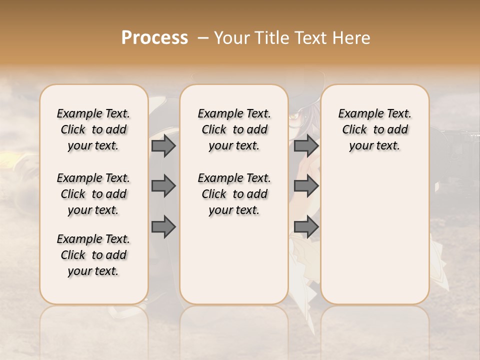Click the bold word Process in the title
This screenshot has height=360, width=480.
(x=154, y=37)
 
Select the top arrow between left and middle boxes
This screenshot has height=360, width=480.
(x=163, y=145)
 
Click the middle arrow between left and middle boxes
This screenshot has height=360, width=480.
(x=163, y=186)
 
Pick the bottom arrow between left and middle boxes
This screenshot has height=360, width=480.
(x=163, y=227)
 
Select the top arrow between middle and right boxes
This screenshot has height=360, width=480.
(x=306, y=145)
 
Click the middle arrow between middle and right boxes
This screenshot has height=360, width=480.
(x=306, y=186)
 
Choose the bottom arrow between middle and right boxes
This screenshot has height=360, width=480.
(x=306, y=227)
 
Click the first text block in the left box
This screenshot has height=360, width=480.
(x=93, y=129)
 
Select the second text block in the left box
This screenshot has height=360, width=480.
(x=93, y=194)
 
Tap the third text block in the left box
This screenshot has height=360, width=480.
(x=93, y=255)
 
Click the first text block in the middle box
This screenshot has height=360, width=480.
(x=234, y=129)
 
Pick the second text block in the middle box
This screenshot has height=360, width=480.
(x=234, y=194)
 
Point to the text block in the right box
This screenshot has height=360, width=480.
(x=375, y=129)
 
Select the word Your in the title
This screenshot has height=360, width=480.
(x=231, y=37)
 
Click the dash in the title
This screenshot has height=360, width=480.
(x=203, y=37)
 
